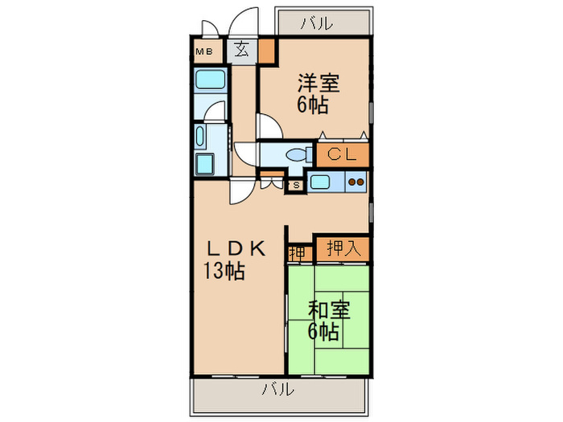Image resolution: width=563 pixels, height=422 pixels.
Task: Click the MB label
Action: [204, 51]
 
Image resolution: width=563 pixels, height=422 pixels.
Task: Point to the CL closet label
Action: [342, 153]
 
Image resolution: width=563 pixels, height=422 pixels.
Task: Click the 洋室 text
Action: [318, 83]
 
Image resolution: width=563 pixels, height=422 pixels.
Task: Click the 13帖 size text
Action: [224, 272]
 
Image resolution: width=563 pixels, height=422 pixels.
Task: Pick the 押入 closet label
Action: [342, 249]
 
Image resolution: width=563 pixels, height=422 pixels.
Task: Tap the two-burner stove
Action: [355, 182]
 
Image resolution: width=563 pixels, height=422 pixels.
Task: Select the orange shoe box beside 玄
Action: [266, 51]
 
